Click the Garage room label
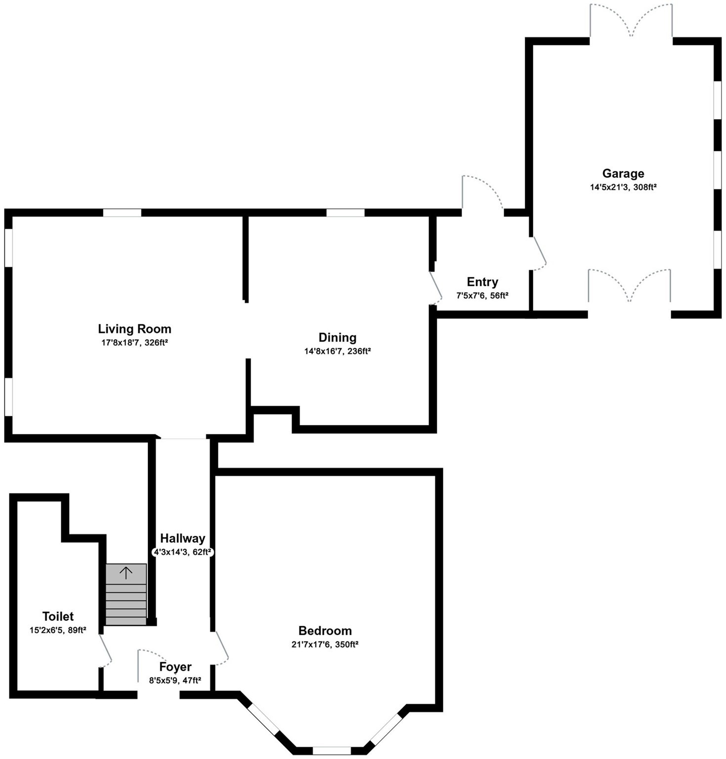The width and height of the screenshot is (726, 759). click(623, 173)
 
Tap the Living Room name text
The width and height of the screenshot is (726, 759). click(134, 329)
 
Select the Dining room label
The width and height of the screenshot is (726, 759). click(337, 337)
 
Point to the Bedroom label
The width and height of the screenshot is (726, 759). click(325, 631)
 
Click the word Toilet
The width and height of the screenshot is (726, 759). click(58, 617)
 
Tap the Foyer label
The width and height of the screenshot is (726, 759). click(175, 667)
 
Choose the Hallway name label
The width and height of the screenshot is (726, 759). click(182, 539)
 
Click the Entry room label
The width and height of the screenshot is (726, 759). click(482, 282)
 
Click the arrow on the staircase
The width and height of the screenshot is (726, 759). click(126, 573)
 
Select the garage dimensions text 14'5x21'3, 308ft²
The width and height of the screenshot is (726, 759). click(623, 187)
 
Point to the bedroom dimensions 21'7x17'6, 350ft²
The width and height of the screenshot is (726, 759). click(325, 644)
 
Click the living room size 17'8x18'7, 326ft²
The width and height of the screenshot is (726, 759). click(134, 342)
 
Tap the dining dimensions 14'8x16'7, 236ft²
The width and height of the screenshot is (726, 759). click(337, 351)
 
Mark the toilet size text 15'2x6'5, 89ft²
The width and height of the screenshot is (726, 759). click(58, 630)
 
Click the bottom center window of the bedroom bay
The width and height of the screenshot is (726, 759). click(332, 751)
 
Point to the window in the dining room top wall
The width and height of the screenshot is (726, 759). click(345, 213)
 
